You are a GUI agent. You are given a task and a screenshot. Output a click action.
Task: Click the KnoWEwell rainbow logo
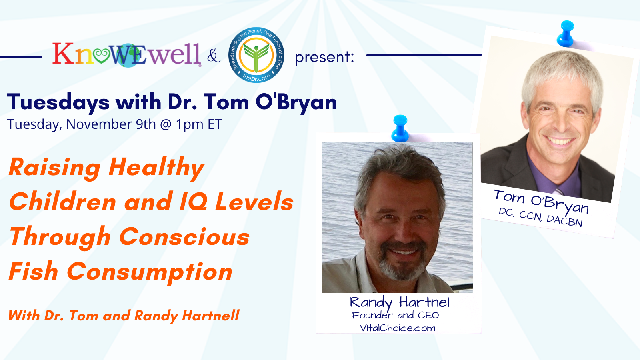pyautogui.click(x=127, y=54)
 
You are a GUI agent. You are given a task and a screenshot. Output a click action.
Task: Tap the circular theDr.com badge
pyautogui.click(x=256, y=55)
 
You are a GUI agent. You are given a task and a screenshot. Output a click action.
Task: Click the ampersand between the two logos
pyautogui.click(x=214, y=56)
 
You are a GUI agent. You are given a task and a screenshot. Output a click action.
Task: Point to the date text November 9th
pyautogui.click(x=111, y=124)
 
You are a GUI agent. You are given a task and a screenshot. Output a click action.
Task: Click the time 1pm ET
pyautogui.click(x=199, y=124)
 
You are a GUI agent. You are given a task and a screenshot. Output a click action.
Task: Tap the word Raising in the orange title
pyautogui.click(x=55, y=168)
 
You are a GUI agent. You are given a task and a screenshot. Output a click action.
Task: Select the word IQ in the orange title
pyautogui.click(x=194, y=202)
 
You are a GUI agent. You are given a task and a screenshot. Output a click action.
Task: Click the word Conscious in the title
pyautogui.click(x=184, y=237)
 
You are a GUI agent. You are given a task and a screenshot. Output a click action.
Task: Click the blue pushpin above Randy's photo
pyautogui.click(x=400, y=128)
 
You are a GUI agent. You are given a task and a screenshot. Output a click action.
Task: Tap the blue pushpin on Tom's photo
pyautogui.click(x=566, y=34)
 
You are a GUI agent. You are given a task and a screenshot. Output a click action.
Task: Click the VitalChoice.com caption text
pyautogui.click(x=398, y=328)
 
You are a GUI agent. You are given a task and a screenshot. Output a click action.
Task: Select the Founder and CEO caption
pyautogui.click(x=396, y=315)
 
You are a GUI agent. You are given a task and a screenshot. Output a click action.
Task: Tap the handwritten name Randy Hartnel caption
pyautogui.click(x=400, y=303)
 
